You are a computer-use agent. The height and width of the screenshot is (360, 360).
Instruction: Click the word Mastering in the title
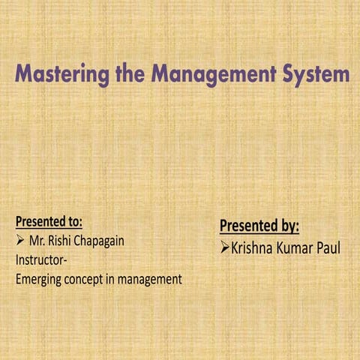pyautogui.click(x=63, y=76)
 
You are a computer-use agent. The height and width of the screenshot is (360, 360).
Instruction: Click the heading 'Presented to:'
pyautogui.click(x=49, y=223)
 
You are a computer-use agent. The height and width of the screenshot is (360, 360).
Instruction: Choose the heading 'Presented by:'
pyautogui.click(x=259, y=226)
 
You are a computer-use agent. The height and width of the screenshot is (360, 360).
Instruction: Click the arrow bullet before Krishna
pyautogui.click(x=224, y=247)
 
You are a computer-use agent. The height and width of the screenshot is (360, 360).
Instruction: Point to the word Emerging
pyautogui.click(x=40, y=280)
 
